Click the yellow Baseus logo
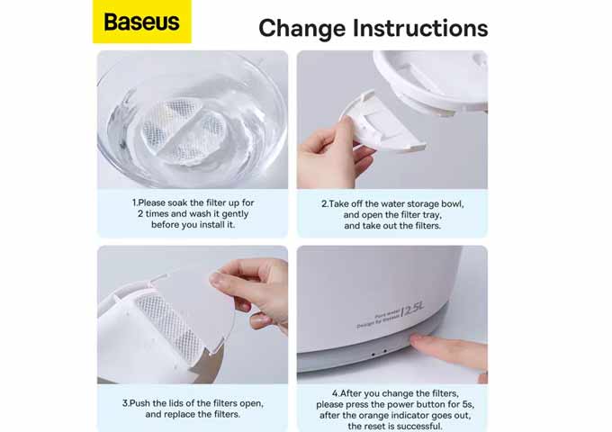pyautogui.click(x=142, y=22)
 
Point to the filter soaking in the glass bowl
pyautogui.click(x=184, y=130)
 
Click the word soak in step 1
pyautogui.click(x=177, y=202)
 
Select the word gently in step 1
pyautogui.click(x=235, y=214)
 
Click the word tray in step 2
pyautogui.click(x=431, y=215)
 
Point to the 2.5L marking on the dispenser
pyautogui.click(x=411, y=310)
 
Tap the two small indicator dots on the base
pyautogui.click(x=379, y=353)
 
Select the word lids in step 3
pyautogui.click(x=174, y=403)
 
